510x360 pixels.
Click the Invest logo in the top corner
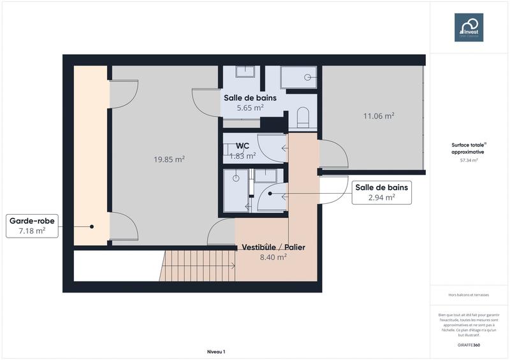pyautogui.click(x=469, y=27)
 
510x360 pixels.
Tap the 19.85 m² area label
pyautogui.click(x=169, y=159)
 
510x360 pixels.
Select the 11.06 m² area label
pyautogui.click(x=378, y=116)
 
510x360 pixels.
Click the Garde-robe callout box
pyautogui.click(x=32, y=226)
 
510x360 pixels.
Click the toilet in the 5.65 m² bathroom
pyautogui.click(x=303, y=117)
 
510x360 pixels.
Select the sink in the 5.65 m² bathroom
pyautogui.click(x=245, y=71)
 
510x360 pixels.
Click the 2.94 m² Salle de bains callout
pyautogui.click(x=381, y=192)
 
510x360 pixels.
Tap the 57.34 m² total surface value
pyautogui.click(x=469, y=161)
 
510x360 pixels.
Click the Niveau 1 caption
pyautogui.click(x=216, y=352)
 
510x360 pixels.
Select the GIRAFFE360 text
pyautogui.click(x=469, y=345)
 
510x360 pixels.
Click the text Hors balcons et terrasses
pyautogui.click(x=469, y=295)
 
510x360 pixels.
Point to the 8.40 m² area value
pyautogui.click(x=272, y=257)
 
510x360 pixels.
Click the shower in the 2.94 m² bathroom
pyautogui.click(x=236, y=189)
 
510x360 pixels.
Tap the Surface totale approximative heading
pyautogui.click(x=469, y=148)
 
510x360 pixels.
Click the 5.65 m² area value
pyautogui.click(x=250, y=108)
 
